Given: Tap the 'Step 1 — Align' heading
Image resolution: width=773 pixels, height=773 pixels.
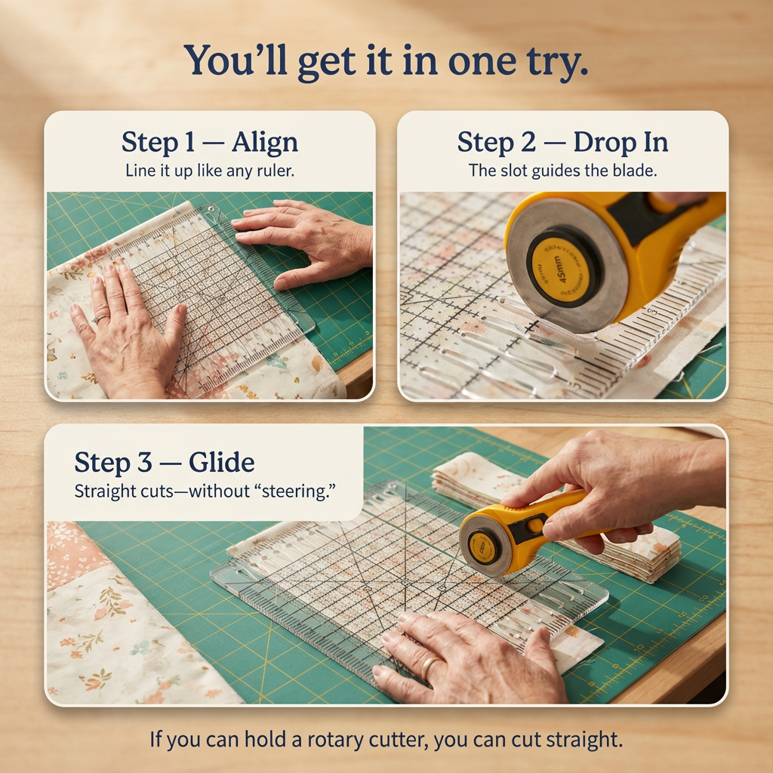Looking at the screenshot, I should point(209,142).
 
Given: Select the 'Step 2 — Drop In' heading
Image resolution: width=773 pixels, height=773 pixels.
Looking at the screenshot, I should point(562,142).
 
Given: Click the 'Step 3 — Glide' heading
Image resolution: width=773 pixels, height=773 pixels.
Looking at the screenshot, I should point(164,462).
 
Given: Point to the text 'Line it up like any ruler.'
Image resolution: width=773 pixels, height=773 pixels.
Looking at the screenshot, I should point(209,171).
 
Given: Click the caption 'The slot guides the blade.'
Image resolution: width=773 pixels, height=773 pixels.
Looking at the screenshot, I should point(562,171).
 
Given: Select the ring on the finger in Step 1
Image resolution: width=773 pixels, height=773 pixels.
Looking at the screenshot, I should point(98,320).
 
